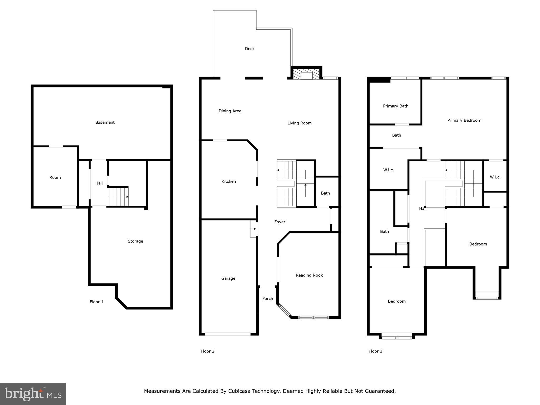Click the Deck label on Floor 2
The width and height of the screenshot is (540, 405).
[249, 49]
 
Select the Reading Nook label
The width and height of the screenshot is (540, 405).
[309, 275]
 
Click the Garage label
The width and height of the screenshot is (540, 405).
[228, 278]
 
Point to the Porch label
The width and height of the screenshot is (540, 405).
[267, 298]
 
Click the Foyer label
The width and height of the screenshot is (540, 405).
[279, 222]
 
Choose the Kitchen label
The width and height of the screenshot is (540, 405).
[228, 181]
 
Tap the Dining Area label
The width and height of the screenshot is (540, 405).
[230, 111]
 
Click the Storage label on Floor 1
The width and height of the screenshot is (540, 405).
[135, 241]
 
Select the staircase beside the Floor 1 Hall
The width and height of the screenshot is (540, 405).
[119, 197]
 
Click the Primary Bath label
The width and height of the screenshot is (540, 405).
[395, 106]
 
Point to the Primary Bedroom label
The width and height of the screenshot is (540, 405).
[464, 120]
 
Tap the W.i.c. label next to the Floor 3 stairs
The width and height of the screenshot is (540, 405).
[495, 177]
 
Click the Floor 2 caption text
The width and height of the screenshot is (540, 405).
[207, 351]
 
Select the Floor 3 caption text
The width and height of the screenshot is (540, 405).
[375, 351]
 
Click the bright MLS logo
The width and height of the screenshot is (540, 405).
[33, 394]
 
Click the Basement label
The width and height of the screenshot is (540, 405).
[105, 122]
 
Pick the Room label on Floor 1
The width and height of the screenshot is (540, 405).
[55, 177]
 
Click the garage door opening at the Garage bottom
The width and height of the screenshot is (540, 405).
[228, 334]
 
